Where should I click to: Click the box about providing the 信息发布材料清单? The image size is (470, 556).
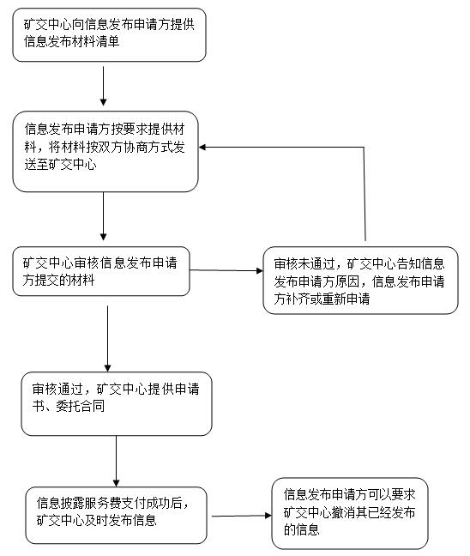pyautogui.click(x=109, y=34)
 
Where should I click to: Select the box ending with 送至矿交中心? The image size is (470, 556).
pyautogui.click(x=105, y=151)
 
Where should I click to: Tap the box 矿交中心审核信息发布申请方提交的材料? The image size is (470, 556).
pyautogui.click(x=101, y=271)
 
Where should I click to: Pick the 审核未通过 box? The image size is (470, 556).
pyautogui.click(x=360, y=280)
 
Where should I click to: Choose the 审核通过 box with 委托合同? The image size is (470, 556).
pyautogui.click(x=117, y=403)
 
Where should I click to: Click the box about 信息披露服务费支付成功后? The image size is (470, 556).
pyautogui.click(x=116, y=515)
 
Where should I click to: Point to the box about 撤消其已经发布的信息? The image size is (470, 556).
pyautogui.click(x=350, y=513)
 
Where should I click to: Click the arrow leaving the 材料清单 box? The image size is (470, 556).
pyautogui.click(x=103, y=86)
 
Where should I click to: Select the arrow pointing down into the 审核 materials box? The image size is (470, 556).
pyautogui.click(x=103, y=216)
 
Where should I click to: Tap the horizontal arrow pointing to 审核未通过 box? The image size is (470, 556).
pyautogui.click(x=226, y=270)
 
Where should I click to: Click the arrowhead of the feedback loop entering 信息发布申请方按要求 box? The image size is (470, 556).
pyautogui.click(x=202, y=147)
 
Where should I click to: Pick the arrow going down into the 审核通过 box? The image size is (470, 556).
pyautogui.click(x=107, y=339)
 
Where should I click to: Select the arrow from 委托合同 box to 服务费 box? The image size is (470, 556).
pyautogui.click(x=116, y=461)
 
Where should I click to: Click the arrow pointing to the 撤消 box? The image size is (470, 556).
pyautogui.click(x=242, y=516)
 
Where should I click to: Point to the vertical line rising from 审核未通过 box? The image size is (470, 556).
pyautogui.click(x=365, y=194)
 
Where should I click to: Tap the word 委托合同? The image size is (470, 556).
pyautogui.click(x=81, y=406)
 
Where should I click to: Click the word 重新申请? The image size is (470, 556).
pyautogui.click(x=346, y=299)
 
